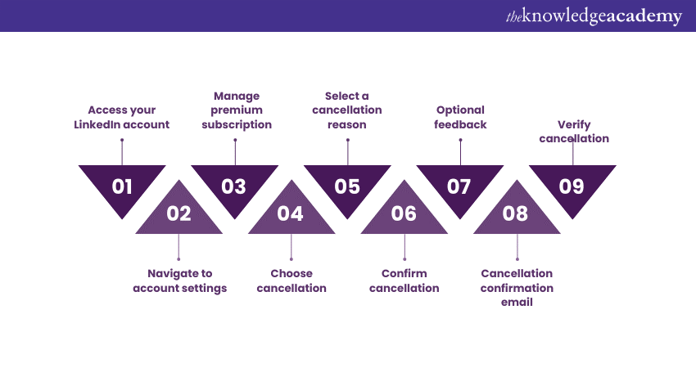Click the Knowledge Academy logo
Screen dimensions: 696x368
(594, 16)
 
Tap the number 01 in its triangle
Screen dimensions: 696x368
(122, 186)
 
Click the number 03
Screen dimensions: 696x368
(233, 186)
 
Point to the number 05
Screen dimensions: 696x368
(347, 186)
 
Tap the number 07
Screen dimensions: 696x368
(459, 186)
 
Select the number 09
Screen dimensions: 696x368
(572, 186)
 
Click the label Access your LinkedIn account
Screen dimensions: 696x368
(122, 118)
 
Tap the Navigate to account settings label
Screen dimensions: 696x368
(180, 280)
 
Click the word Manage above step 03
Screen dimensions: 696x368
(237, 96)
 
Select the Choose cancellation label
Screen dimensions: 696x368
(292, 280)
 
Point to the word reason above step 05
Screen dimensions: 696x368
(347, 124)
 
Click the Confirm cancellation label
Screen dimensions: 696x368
(404, 280)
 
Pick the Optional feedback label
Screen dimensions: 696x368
(460, 118)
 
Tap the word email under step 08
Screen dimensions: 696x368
(517, 303)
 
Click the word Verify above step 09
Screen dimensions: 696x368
(574, 124)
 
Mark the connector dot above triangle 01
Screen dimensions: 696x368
(122, 140)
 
